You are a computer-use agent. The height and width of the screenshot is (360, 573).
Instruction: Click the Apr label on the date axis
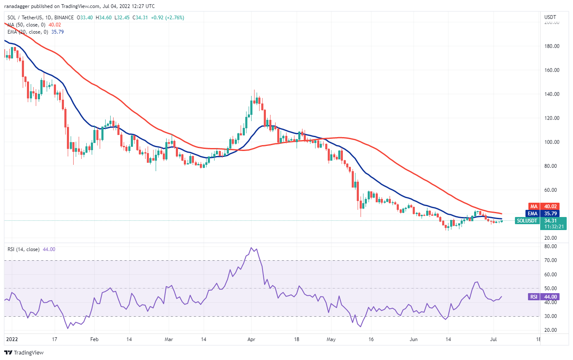click(252, 339)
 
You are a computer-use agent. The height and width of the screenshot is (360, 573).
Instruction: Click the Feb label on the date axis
click(94, 339)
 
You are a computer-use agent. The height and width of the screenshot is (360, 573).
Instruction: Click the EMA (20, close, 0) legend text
click(29, 31)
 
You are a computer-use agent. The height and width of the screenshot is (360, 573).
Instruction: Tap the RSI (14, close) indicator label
click(24, 249)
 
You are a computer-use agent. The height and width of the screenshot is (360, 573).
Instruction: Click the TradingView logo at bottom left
click(24, 352)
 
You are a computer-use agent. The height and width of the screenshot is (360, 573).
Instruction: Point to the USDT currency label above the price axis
click(550, 17)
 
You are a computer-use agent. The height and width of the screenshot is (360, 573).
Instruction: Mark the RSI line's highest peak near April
click(252, 248)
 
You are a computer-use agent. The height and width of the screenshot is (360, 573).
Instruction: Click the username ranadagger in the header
click(19, 6)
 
